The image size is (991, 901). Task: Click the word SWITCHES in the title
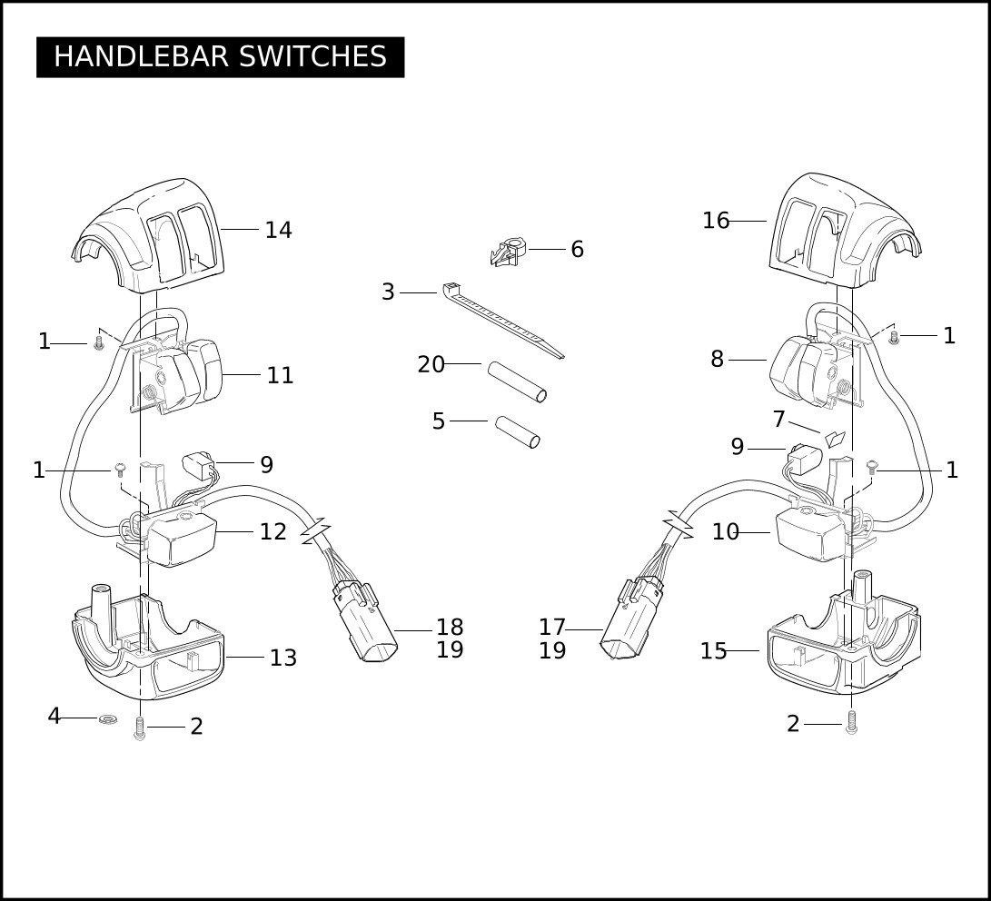pyautogui.click(x=312, y=57)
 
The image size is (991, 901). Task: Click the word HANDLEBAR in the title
pyautogui.click(x=141, y=57)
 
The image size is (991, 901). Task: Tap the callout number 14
pyautogui.click(x=278, y=230)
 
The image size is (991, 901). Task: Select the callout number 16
pyautogui.click(x=716, y=221)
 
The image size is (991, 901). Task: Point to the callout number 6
pyautogui.click(x=577, y=249)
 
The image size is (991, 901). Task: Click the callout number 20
pyautogui.click(x=431, y=364)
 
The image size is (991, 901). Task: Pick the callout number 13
pyautogui.click(x=283, y=658)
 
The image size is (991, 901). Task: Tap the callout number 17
pyautogui.click(x=551, y=628)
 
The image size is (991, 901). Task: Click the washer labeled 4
pyautogui.click(x=108, y=718)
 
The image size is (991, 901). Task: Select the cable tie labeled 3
pyautogui.click(x=502, y=320)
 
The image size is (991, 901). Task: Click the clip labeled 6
pyautogui.click(x=508, y=252)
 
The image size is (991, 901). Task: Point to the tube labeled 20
pyautogui.click(x=516, y=381)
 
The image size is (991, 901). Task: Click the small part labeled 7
pyautogui.click(x=835, y=439)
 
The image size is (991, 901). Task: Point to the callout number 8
pyautogui.click(x=717, y=359)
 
